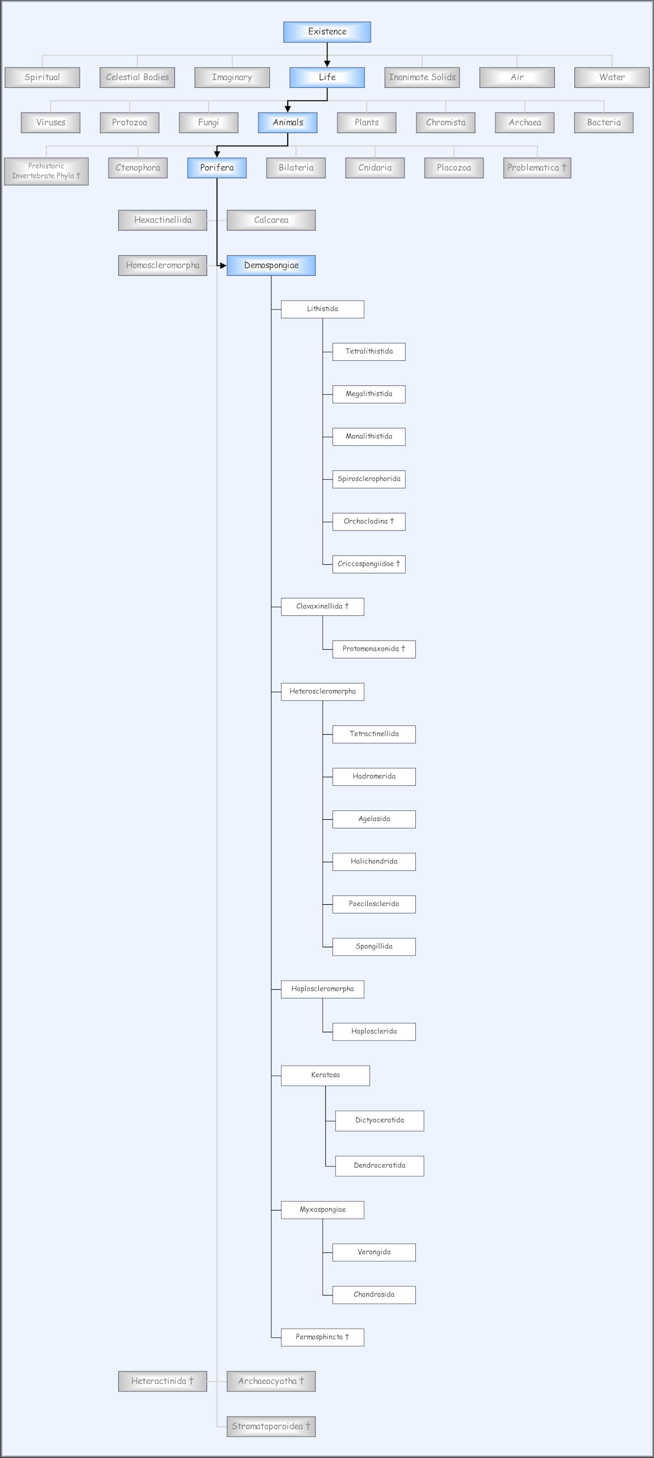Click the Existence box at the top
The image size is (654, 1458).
pyautogui.click(x=327, y=32)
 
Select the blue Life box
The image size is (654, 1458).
pyautogui.click(x=327, y=77)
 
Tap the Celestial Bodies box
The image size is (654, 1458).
pyautogui.click(x=137, y=77)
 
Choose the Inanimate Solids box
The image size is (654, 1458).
pyautogui.click(x=422, y=77)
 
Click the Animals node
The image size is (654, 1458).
pyautogui.click(x=287, y=123)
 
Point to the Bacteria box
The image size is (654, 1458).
pyautogui.click(x=604, y=123)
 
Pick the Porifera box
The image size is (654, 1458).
pyautogui.click(x=217, y=168)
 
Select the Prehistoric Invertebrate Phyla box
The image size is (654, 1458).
pyautogui.click(x=46, y=171)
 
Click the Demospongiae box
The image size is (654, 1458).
pyautogui.click(x=271, y=265)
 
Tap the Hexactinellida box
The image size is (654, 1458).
pyautogui.click(x=162, y=220)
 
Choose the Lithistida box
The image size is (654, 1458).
pyautogui.click(x=323, y=309)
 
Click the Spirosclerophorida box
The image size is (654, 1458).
pyautogui.click(x=369, y=479)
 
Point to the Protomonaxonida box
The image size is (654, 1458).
pyautogui.click(x=374, y=649)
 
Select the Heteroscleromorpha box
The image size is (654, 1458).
pyautogui.click(x=323, y=692)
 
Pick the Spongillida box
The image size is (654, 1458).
pyautogui.click(x=374, y=946)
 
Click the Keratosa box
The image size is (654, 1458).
pyautogui.click(x=325, y=1075)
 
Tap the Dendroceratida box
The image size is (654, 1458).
pyautogui.click(x=380, y=1166)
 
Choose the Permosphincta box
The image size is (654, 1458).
pyautogui.click(x=323, y=1337)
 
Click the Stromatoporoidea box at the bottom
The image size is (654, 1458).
pyautogui.click(x=271, y=1426)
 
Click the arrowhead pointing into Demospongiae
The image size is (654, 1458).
pyautogui.click(x=223, y=265)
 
